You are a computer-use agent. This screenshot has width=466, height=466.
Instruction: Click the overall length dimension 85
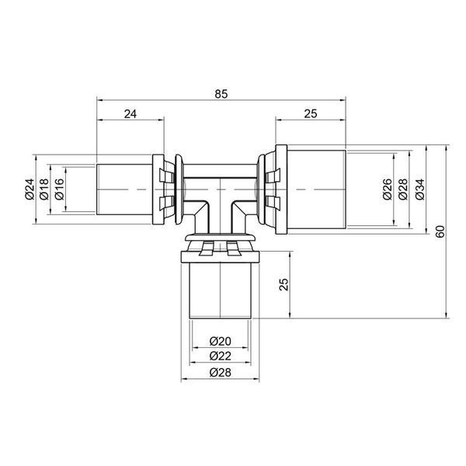221,94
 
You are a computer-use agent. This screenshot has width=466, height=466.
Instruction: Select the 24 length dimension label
130,114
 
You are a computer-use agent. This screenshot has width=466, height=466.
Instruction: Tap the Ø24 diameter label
30,189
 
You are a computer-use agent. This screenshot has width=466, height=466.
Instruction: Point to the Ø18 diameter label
44,189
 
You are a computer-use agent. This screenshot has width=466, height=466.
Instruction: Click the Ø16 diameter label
60,189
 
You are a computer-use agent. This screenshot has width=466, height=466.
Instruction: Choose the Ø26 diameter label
388,189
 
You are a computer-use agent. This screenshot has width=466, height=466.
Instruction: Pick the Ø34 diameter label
420,189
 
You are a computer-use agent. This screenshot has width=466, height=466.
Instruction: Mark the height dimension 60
440,231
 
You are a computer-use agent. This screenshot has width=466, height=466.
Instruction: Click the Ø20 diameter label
221,341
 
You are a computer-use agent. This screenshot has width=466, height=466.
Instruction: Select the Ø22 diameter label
221,356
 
